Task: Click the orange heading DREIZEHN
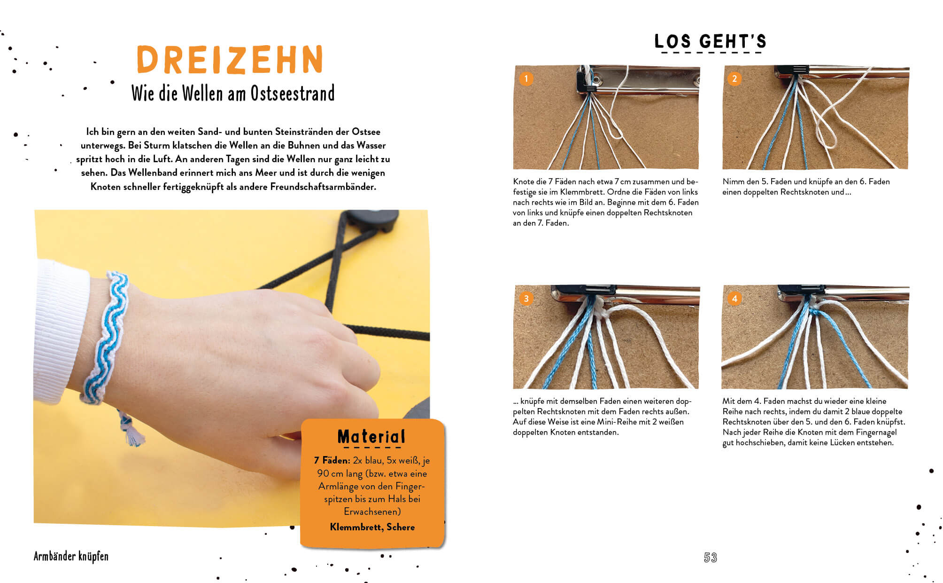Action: pyautogui.click(x=230, y=60)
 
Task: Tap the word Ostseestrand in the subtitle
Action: pyautogui.click(x=293, y=93)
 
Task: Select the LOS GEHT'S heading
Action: pyautogui.click(x=710, y=41)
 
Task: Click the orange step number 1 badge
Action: pyautogui.click(x=526, y=79)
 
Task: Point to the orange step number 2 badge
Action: pyautogui.click(x=734, y=79)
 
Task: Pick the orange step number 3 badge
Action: pyautogui.click(x=526, y=298)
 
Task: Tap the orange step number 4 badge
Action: pyautogui.click(x=734, y=298)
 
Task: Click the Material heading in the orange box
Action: pyautogui.click(x=371, y=437)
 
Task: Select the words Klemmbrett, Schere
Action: pyautogui.click(x=372, y=527)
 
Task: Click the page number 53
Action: pyautogui.click(x=710, y=558)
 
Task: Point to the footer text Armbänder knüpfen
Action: pyautogui.click(x=71, y=557)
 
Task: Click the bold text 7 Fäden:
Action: pyautogui.click(x=332, y=460)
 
